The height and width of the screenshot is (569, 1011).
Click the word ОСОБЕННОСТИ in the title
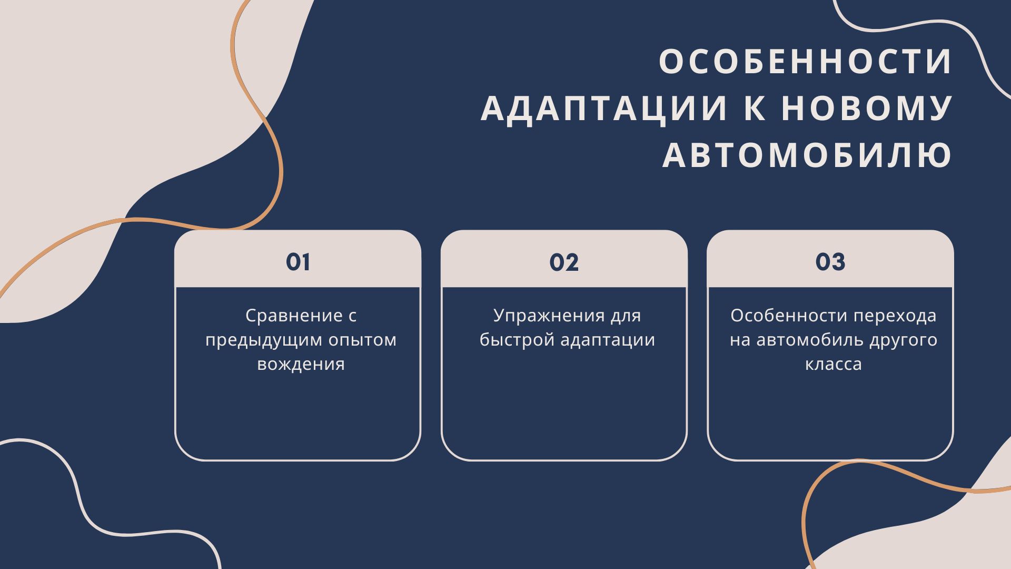point(806,62)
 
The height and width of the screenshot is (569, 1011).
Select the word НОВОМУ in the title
point(867,108)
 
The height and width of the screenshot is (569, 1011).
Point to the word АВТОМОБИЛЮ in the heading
point(807,155)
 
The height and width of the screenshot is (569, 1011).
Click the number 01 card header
point(298,262)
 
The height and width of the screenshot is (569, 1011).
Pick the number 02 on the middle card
point(564,262)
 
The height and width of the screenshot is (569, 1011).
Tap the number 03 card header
point(830,262)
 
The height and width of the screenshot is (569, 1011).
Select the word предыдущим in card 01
point(264,340)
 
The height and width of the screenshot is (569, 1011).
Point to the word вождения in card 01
point(301,364)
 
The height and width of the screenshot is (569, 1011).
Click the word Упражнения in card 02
point(549,316)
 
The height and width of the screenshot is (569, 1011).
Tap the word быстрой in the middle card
point(518,340)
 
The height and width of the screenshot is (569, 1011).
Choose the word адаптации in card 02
point(608,340)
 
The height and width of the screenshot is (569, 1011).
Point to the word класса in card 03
point(834,364)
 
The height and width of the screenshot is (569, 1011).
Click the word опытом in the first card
point(363,340)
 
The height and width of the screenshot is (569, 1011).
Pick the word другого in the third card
point(904,340)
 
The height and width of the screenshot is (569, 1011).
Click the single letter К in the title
point(755,108)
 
